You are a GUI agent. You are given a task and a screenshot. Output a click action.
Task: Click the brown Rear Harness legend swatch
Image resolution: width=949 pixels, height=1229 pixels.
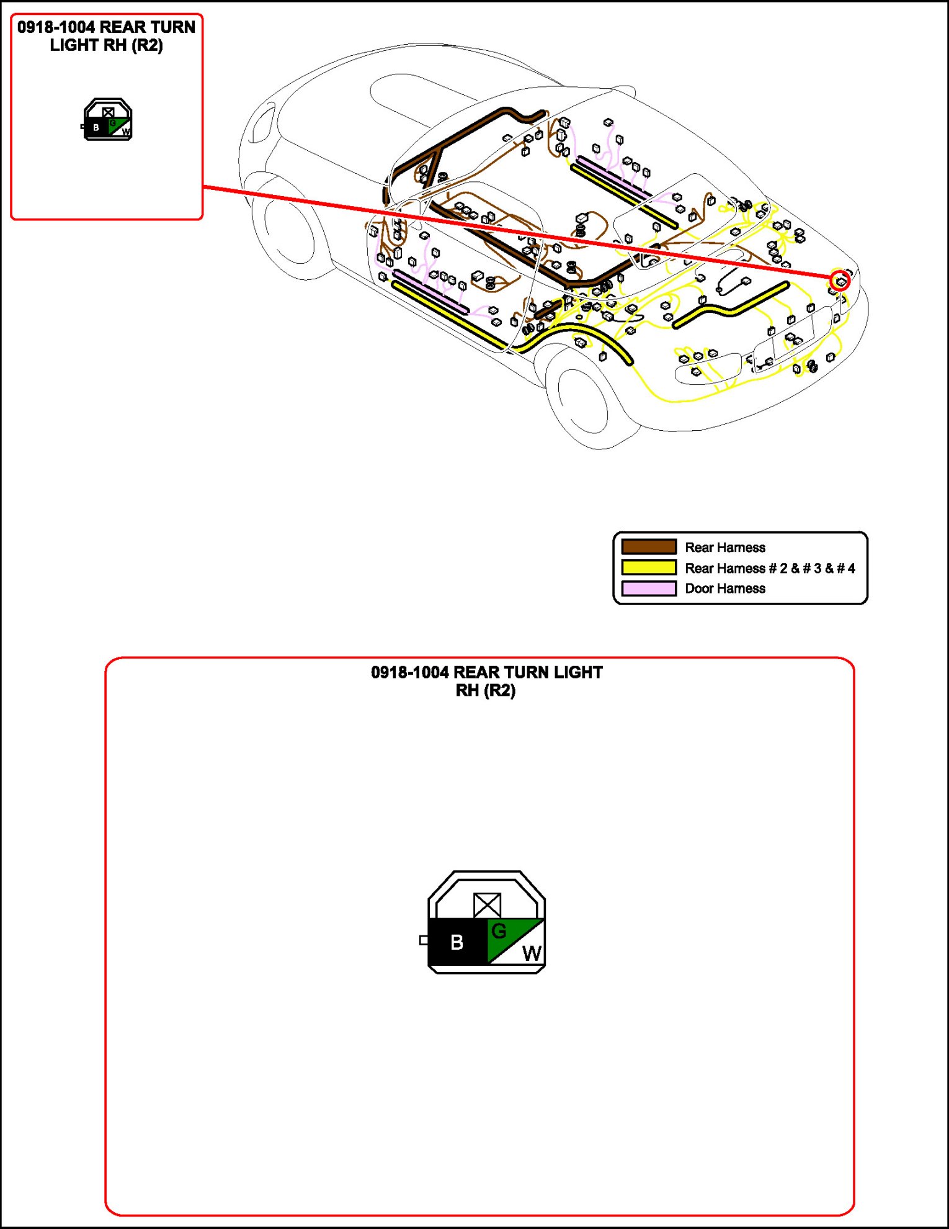point(649,547)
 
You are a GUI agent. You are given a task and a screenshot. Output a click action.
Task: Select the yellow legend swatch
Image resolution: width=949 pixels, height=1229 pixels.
point(649,567)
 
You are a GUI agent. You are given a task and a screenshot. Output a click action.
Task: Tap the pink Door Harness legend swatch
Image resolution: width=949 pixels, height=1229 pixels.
point(649,588)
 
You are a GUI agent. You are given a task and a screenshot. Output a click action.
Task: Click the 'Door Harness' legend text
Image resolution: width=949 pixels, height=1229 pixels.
point(724,588)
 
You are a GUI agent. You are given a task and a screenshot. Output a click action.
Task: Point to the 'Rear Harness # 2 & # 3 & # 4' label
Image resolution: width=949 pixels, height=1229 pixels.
point(769,568)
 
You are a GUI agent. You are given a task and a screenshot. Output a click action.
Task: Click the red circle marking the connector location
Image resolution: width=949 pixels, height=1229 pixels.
point(840,281)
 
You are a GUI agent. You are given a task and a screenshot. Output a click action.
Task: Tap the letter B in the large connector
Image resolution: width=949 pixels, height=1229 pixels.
point(457,942)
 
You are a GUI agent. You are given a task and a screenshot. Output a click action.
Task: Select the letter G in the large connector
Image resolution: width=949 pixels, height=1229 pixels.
point(499,930)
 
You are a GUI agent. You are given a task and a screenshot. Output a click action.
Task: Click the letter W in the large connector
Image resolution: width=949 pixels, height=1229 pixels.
point(532,953)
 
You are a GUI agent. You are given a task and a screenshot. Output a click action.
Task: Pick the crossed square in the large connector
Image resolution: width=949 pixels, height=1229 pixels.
point(487,905)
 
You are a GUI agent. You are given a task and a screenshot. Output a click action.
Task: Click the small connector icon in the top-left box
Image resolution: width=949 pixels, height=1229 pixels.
point(107,120)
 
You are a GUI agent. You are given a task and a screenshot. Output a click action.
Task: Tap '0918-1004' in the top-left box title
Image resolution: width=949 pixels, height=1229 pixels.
point(56,27)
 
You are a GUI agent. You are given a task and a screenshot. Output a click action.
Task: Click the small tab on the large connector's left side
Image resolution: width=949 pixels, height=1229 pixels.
point(424,940)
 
